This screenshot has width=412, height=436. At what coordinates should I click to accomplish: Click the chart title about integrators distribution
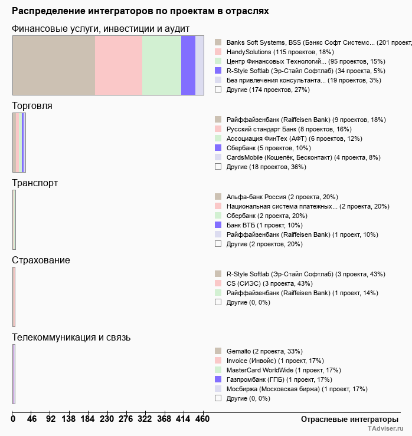tap(140, 11)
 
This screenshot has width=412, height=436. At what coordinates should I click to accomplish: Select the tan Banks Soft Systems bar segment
tap(54, 65)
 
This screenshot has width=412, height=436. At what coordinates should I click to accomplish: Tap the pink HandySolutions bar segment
tap(119, 65)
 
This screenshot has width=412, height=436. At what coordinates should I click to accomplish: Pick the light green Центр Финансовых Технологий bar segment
tap(162, 65)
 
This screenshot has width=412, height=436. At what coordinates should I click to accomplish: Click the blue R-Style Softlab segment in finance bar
tap(188, 65)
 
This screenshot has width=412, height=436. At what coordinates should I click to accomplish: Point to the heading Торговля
tap(32, 106)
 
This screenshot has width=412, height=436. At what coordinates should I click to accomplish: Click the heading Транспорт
tap(35, 183)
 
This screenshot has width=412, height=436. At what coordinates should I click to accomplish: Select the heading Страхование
tap(41, 260)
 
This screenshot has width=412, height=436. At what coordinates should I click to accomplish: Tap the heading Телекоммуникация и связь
tap(71, 338)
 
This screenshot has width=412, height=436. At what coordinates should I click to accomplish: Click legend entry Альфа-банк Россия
tap(282, 197)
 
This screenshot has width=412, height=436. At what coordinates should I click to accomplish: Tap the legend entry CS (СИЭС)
tap(269, 283)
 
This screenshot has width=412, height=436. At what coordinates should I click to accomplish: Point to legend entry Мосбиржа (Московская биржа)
tap(296, 389)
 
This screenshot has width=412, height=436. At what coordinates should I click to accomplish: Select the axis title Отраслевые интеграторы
tap(346, 419)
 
